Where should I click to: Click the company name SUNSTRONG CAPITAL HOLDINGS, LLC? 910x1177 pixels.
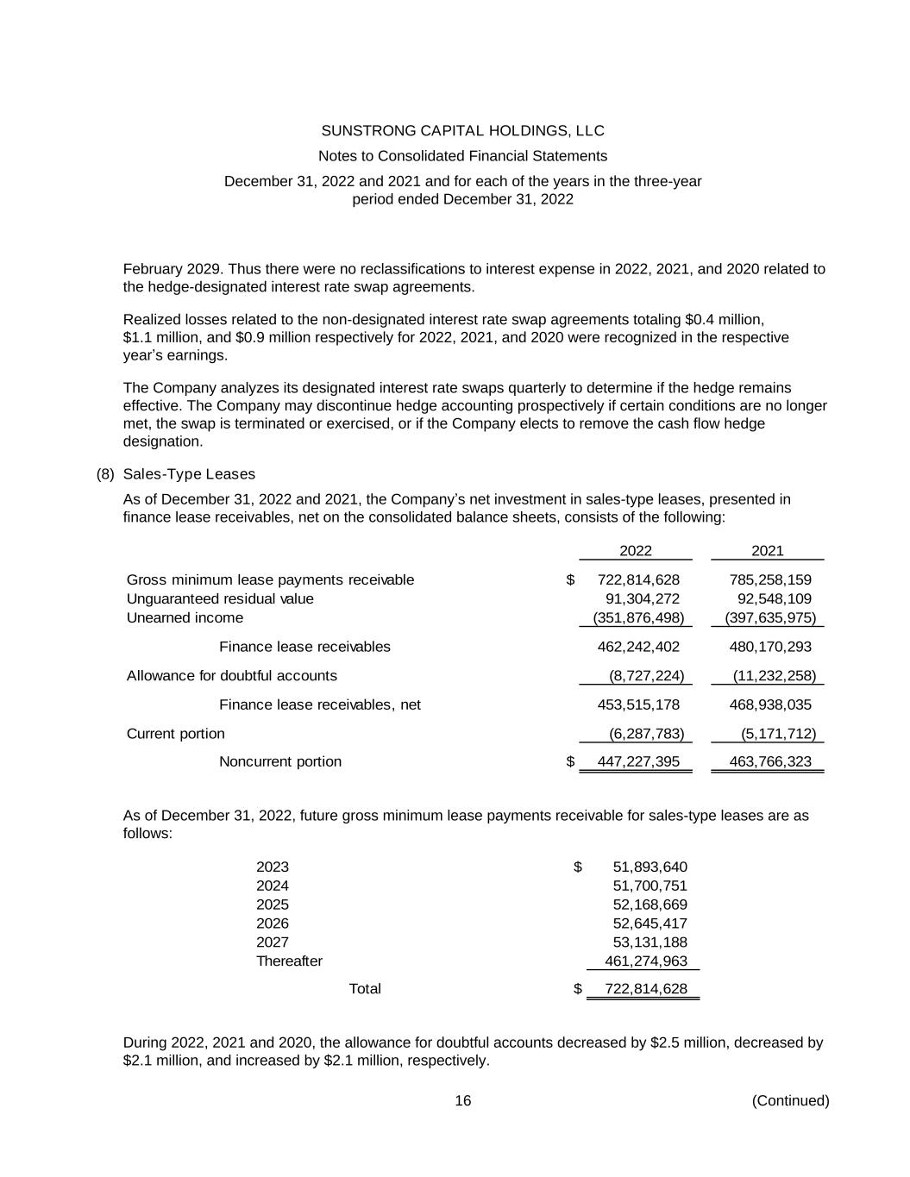coord(462,131)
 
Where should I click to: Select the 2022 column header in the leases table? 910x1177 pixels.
coord(636,551)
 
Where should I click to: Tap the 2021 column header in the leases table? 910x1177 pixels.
coord(768,551)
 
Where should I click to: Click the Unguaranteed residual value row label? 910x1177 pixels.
coord(220,598)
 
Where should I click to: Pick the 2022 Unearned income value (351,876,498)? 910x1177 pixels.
coord(638,617)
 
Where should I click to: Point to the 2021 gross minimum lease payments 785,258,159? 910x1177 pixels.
coord(770,579)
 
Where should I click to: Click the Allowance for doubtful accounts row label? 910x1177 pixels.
coord(232,675)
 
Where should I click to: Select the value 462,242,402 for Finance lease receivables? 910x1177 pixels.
coord(638,647)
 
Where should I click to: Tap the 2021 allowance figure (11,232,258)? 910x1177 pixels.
coord(774,675)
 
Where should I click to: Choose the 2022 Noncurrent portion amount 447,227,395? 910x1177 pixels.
coord(638,761)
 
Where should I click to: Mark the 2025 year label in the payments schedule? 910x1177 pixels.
coord(273,905)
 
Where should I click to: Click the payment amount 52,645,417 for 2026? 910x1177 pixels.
coord(650,923)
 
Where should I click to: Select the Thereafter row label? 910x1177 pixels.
coord(289,961)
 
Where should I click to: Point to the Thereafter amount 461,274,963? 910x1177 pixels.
coord(646,961)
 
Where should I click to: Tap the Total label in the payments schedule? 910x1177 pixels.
coord(365,988)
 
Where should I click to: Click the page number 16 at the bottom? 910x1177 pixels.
coord(463,1100)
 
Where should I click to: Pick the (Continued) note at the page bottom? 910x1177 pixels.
coord(790,1100)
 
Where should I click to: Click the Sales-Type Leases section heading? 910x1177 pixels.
coord(189,474)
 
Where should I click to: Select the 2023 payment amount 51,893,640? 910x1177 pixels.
coord(650,867)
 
